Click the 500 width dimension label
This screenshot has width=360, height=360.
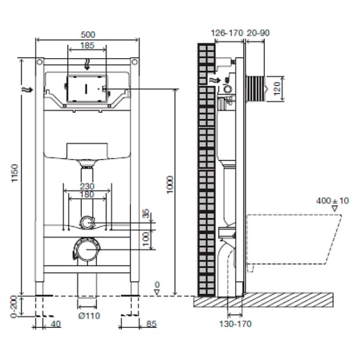click(88, 35)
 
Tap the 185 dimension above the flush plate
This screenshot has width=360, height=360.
click(87, 46)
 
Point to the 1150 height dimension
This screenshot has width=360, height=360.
click(15, 173)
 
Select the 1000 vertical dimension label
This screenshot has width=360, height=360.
click(169, 185)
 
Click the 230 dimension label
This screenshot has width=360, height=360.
click(87, 186)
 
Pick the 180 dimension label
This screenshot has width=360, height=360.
click(87, 195)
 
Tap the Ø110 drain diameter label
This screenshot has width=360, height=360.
click(89, 316)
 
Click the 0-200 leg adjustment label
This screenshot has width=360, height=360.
click(14, 307)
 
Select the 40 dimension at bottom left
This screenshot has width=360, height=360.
click(56, 324)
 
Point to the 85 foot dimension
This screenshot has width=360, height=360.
click(151, 324)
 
